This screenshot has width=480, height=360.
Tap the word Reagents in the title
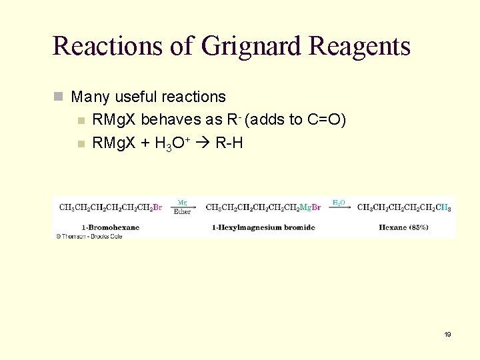coord(359,46)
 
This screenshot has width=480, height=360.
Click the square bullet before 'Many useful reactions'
coord(58,97)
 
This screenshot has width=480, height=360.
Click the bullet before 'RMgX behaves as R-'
coord(81,121)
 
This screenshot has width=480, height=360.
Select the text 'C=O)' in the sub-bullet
coord(327,120)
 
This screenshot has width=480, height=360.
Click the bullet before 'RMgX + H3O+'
coord(81,143)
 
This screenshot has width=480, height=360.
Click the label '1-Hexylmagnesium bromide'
coord(263,227)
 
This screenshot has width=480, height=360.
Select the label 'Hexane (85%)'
coord(403,227)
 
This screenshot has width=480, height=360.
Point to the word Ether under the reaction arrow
coord(183,212)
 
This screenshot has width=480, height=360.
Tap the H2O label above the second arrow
coord(339,202)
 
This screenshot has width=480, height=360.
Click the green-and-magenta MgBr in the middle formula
coord(310,207)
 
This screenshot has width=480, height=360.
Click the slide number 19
coord(447,334)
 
